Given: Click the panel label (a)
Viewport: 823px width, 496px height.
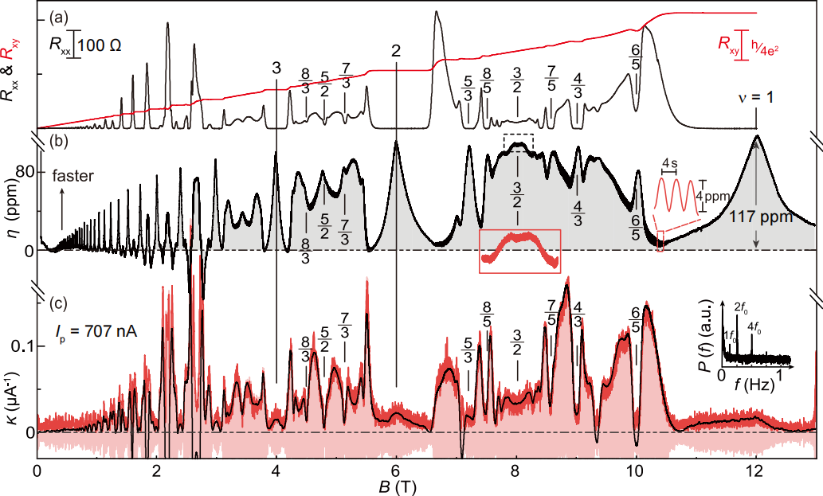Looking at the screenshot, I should pos(57,16).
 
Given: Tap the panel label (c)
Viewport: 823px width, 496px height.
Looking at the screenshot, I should pos(57,303).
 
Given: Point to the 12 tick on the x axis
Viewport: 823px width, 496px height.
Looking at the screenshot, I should pos(755,469).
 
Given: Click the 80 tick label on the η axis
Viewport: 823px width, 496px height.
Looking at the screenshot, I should pos(21,172).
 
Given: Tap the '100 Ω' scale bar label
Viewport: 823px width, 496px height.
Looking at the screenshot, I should pos(100,45).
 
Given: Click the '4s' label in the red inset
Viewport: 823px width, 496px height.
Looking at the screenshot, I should pos(670,162).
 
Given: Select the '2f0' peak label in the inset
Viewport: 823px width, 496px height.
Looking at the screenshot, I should pos(739,307).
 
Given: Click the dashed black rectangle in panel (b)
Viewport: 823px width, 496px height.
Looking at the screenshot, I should pos(519,140).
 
